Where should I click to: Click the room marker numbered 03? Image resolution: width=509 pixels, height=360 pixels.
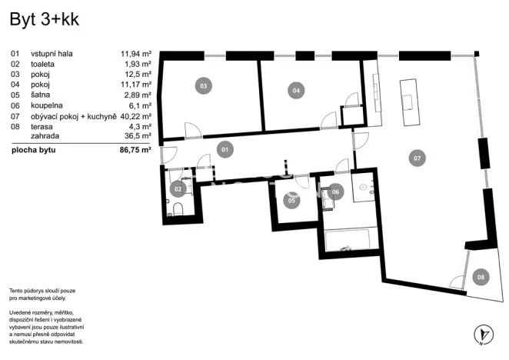point(203,86)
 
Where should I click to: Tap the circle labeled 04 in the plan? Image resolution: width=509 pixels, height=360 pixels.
point(295,90)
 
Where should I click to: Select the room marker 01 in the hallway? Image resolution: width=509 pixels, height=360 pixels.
point(225,149)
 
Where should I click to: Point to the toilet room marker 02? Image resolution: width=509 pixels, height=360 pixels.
point(178,188)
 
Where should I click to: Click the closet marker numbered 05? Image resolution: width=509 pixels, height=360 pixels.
point(291,201)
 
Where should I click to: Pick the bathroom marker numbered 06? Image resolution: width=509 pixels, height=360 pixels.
point(335,192)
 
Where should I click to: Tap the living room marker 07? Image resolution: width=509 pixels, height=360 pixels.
point(417,158)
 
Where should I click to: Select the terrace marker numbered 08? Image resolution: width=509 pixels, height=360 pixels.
point(480,277)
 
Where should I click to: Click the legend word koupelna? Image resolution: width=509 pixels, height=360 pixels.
point(47,105)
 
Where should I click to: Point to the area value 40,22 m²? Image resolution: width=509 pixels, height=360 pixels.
point(135,115)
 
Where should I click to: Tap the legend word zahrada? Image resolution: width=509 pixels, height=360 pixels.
point(45,135)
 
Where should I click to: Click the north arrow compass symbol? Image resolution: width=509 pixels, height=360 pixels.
point(483,334)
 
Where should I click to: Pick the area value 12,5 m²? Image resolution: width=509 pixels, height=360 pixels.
point(137,75)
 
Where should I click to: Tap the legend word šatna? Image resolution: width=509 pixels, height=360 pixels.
point(41,95)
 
